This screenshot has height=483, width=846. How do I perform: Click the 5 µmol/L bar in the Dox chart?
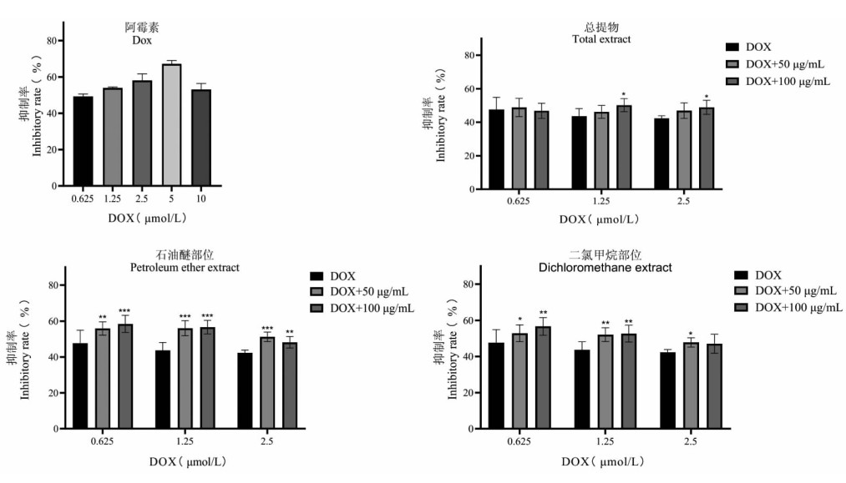pyautogui.click(x=171, y=124)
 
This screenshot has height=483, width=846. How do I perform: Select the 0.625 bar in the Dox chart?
pyautogui.click(x=83, y=141)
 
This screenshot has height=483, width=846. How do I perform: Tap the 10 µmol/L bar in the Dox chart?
pyautogui.click(x=200, y=137)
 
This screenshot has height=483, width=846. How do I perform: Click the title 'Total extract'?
pyautogui.click(x=600, y=39)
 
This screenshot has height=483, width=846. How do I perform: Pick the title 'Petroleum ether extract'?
pyautogui.click(x=185, y=267)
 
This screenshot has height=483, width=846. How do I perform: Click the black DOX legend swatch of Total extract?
pyautogui.click(x=732, y=48)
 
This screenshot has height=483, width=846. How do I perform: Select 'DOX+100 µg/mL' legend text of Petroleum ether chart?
pyautogui.click(x=372, y=308)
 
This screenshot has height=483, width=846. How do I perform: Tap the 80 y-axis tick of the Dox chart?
pyautogui.click(x=52, y=41)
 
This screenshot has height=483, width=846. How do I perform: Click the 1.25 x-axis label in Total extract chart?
pyautogui.click(x=600, y=201)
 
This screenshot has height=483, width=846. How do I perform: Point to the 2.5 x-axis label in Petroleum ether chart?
pyautogui.click(x=266, y=440)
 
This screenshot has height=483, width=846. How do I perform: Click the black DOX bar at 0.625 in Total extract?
pyautogui.click(x=496, y=149)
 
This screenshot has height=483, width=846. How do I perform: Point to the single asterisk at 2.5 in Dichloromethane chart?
pyautogui.click(x=691, y=334)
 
